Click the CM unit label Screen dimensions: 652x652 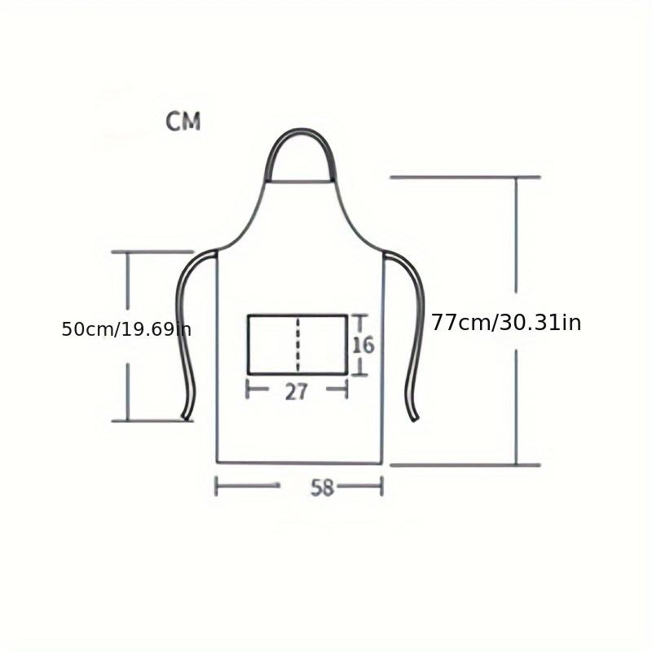[183, 122]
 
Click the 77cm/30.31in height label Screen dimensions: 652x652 [506, 323]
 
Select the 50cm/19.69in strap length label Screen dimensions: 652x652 [126, 329]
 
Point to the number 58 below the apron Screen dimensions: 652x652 [323, 487]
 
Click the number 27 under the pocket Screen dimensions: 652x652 [297, 391]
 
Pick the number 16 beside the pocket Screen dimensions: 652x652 [363, 345]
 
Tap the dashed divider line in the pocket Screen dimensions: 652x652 [298, 344]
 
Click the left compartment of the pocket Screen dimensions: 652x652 [273, 344]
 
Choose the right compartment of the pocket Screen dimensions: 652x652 [323, 344]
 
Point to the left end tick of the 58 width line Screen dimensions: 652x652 [216, 487]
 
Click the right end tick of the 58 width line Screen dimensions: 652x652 [381, 487]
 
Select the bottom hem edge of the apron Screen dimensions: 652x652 [299, 463]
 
